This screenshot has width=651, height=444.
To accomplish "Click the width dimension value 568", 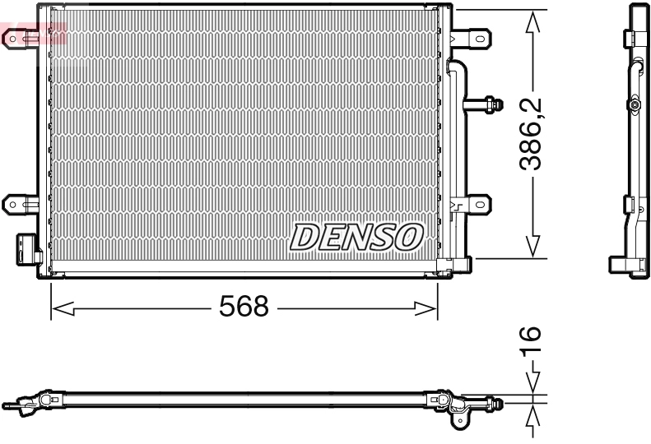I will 244,308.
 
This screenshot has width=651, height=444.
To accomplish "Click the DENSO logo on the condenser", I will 356,237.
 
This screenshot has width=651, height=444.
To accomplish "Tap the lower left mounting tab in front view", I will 18,202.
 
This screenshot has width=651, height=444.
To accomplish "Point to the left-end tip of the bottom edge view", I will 7,405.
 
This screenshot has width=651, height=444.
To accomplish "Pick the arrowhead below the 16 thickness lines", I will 533,417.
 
